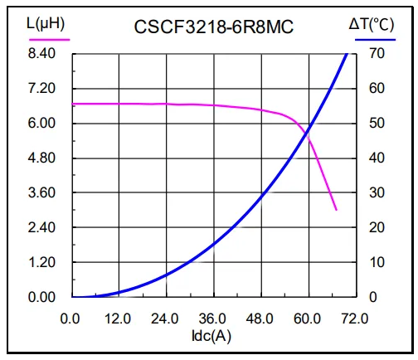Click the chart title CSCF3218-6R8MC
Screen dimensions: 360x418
click(214, 27)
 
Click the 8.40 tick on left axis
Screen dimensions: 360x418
click(41, 54)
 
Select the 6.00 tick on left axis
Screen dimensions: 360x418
click(41, 124)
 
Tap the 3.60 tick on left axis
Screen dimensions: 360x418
click(41, 192)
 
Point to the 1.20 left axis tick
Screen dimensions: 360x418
click(41, 262)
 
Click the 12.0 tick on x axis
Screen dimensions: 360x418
click(119, 317)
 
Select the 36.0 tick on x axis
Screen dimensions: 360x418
click(214, 317)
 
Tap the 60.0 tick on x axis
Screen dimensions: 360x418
click(309, 317)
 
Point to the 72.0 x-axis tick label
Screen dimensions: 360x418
click(355, 317)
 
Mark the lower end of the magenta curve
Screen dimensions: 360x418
click(336, 210)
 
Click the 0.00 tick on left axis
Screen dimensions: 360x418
click(41, 297)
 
